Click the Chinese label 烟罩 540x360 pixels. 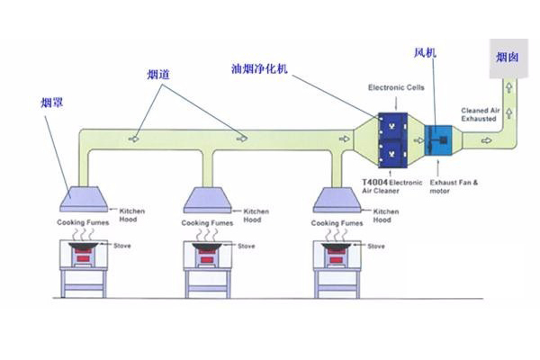pyautogui.click(x=54, y=102)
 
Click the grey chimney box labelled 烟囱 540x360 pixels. pyautogui.click(x=507, y=58)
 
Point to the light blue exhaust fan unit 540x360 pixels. pyautogui.click(x=442, y=142)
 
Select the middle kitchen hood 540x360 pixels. pyautogui.click(x=211, y=197)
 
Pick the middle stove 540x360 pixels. pyautogui.click(x=211, y=258)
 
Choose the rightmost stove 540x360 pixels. pyautogui.click(x=338, y=258)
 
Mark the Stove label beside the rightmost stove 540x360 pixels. pyautogui.click(x=376, y=245)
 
